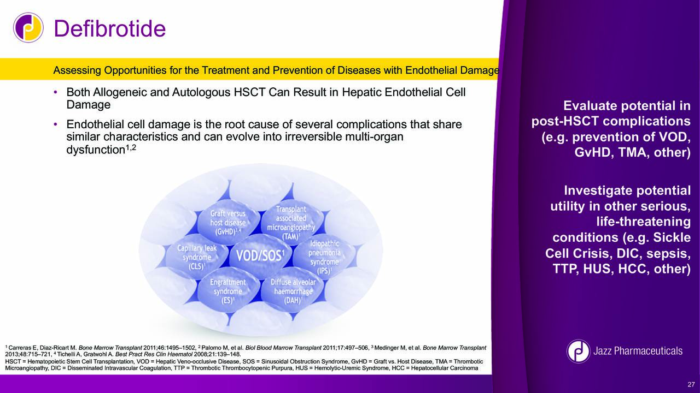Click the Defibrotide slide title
click(110, 29)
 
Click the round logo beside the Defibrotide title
click(28, 28)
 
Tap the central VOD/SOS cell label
click(260, 256)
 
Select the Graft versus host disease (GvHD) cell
click(228, 223)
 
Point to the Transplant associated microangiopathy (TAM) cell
click(291, 223)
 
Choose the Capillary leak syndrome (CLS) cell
click(197, 257)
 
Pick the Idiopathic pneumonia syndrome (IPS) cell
click(324, 257)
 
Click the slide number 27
click(691, 384)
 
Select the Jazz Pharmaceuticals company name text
click(638, 351)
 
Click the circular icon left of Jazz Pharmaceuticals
click(579, 351)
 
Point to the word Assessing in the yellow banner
click(77, 70)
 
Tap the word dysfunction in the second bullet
click(96, 150)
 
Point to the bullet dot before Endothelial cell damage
click(56, 124)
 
